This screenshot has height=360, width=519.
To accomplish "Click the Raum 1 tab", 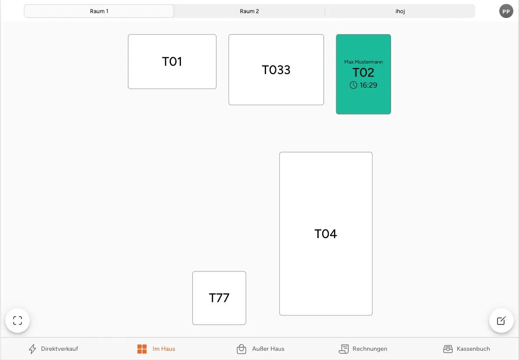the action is [x=99, y=11].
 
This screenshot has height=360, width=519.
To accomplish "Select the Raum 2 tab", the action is [x=249, y=11].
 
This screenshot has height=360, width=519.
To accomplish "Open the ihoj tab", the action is [x=400, y=11].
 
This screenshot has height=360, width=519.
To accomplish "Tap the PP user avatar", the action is [x=506, y=11].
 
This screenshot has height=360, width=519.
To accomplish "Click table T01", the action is [x=172, y=61].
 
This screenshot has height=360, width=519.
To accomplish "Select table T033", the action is [x=276, y=70].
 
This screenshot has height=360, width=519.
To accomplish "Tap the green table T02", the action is [x=363, y=74].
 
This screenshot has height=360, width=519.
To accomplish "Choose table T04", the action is [x=326, y=234].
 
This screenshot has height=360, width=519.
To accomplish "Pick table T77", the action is [x=219, y=298].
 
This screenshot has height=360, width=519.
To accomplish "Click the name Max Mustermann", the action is [x=363, y=62].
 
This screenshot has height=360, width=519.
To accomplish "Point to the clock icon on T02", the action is [x=353, y=85].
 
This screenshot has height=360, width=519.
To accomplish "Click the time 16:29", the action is [x=368, y=85].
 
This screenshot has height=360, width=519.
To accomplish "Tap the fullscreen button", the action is [x=18, y=320].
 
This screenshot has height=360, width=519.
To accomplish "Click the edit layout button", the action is [x=501, y=320].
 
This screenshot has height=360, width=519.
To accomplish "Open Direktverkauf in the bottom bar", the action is [x=53, y=349].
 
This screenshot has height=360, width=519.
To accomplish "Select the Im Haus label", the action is [x=164, y=349].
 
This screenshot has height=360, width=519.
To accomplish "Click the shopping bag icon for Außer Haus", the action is [x=241, y=349].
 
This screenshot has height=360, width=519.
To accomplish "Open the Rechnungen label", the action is [x=370, y=349].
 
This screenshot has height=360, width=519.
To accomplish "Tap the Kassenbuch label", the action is [x=473, y=349].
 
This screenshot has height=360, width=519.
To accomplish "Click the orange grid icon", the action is [x=142, y=349].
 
